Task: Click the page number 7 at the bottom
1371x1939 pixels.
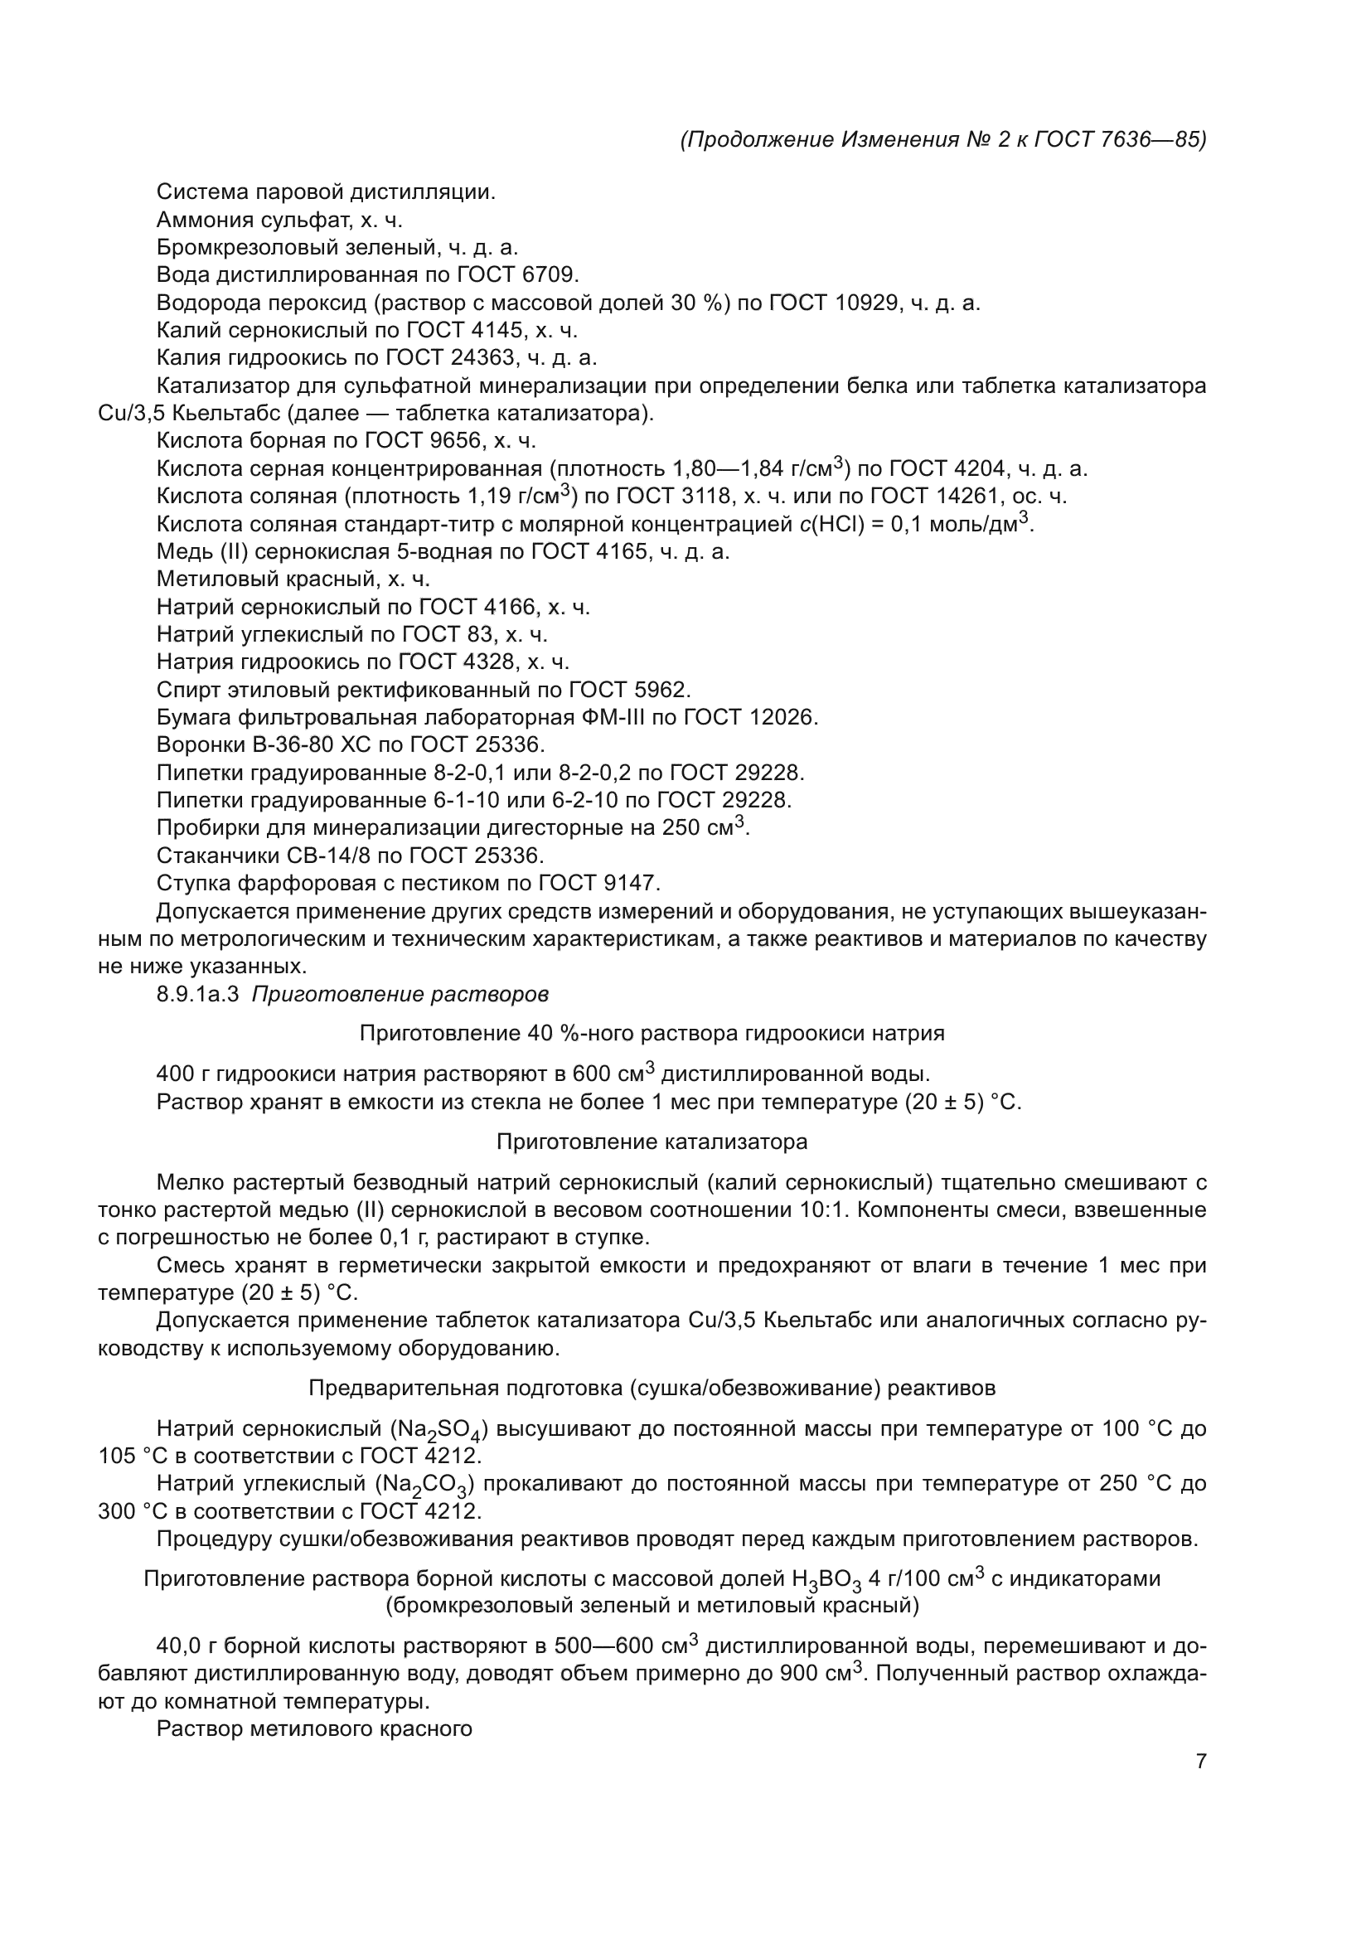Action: point(1200,1762)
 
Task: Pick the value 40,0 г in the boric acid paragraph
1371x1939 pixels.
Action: point(187,1646)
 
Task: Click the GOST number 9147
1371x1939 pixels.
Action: point(629,884)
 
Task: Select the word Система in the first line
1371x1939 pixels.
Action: point(201,191)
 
